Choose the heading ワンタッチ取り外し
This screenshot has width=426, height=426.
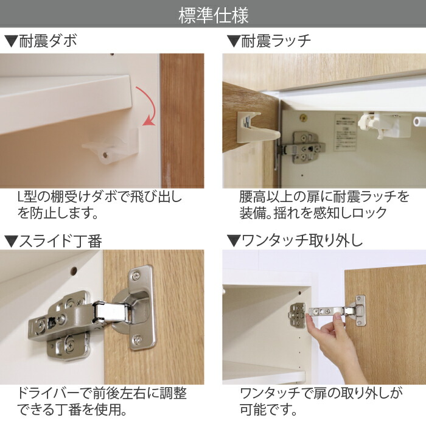[295, 240]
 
